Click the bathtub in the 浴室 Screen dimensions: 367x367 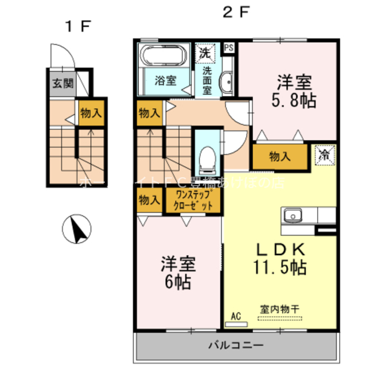tap(163, 57)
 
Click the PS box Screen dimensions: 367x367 tap(229, 48)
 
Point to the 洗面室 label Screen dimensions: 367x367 tap(206, 81)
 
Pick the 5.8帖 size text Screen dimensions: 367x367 tap(292, 100)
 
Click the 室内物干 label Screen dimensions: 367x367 tap(280, 309)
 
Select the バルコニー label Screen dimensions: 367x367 tap(235, 345)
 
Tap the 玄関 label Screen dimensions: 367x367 tap(64, 84)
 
